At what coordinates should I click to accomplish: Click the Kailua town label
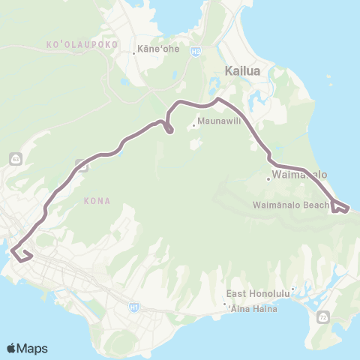[x=243, y=71]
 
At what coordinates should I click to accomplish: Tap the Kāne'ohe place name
[x=151, y=52]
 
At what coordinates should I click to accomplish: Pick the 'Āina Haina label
[x=255, y=309]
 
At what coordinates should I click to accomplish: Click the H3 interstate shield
[x=195, y=52]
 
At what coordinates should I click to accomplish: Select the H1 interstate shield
[x=133, y=306]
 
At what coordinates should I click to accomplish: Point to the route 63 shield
[x=15, y=159]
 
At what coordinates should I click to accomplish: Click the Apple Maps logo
[x=26, y=348]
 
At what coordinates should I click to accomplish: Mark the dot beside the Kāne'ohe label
[x=134, y=52]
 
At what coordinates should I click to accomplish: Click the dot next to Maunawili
[x=194, y=125]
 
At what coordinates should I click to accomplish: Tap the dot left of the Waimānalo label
[x=268, y=178]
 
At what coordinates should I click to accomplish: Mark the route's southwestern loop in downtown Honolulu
[x=22, y=255]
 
